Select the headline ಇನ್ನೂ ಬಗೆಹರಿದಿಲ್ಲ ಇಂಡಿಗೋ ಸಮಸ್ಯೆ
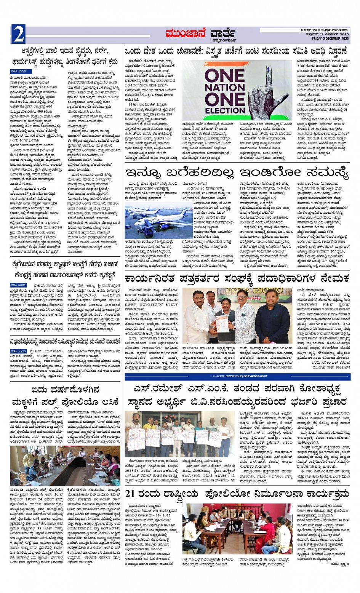[x=237, y=173]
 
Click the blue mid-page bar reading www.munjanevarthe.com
[x=237, y=376]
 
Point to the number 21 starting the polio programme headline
[x=130, y=494]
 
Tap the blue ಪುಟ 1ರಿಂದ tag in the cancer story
[x=19, y=285]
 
